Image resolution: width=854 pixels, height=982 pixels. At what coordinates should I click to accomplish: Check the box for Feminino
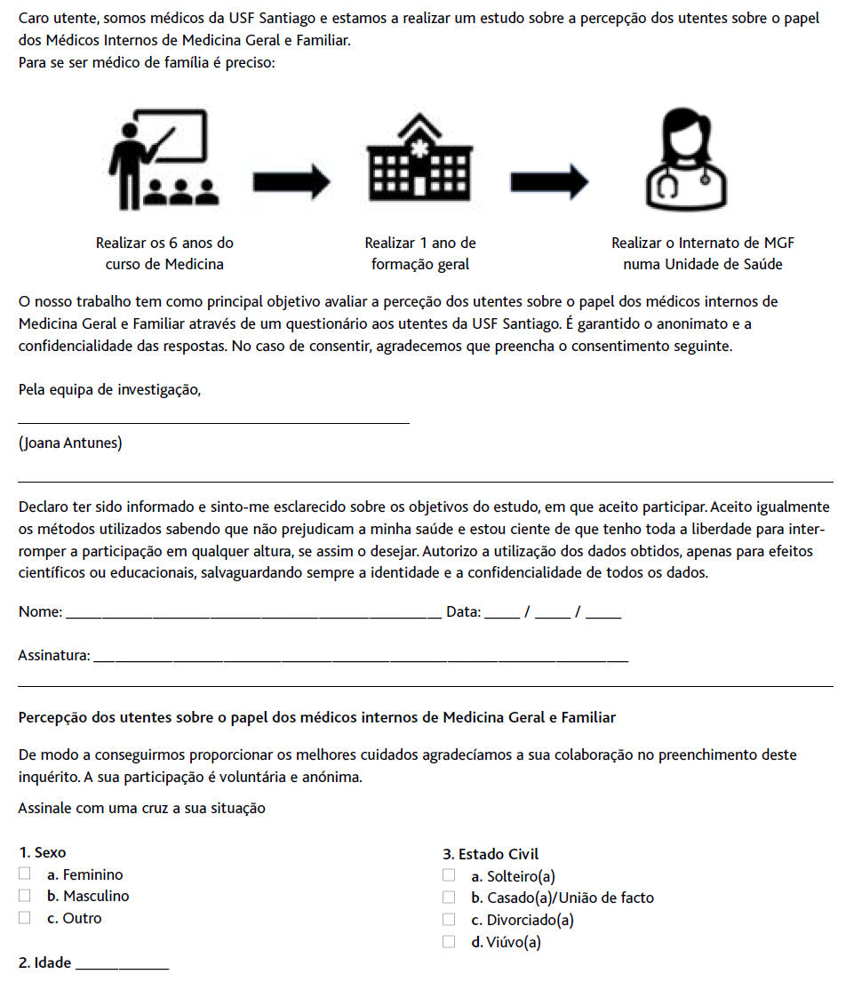coord(25,874)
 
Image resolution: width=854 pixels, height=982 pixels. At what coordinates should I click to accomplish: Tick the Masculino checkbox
coord(25,896)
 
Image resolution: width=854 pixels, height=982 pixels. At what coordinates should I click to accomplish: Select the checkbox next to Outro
coord(25,918)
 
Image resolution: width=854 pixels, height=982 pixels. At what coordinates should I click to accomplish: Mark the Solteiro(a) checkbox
coord(449,876)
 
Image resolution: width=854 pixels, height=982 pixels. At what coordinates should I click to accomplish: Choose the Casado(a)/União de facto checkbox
coord(449,898)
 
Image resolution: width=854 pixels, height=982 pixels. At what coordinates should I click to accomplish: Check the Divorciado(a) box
coord(449,920)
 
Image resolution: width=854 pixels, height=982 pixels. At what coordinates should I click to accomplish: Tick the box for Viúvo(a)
coord(449,942)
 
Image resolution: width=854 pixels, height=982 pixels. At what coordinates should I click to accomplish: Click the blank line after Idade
coord(124,967)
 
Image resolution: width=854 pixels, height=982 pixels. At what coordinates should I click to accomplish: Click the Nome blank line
coord(253,615)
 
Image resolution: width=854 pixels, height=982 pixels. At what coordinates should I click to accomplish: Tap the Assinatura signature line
coord(360,659)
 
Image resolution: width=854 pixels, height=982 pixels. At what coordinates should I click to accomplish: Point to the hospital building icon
coord(420,158)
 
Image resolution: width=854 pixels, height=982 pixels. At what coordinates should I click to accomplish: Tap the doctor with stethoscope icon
coord(678,158)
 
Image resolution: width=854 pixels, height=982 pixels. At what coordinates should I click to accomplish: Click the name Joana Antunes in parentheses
coord(70,444)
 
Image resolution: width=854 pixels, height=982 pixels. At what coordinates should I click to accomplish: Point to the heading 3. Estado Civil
coord(491,854)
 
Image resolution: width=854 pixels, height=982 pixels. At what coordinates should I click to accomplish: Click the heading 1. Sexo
coord(42,853)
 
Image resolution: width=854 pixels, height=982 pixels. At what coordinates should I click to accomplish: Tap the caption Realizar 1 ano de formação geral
coord(420,253)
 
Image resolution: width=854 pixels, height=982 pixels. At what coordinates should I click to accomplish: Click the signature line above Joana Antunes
coord(213,422)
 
